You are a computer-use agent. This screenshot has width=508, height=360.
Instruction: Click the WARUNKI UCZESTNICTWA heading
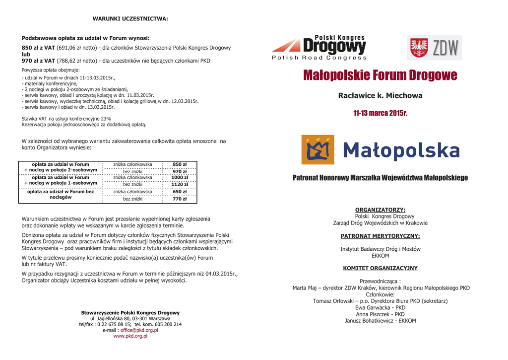coord(130,19)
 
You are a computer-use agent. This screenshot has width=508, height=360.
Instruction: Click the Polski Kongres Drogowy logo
coord(319,48)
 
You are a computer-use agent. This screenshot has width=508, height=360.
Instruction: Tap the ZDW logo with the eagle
coord(434,48)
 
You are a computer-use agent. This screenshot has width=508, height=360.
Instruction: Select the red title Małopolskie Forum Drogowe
coord(380,75)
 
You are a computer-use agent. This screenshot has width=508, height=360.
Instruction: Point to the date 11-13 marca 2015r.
coord(380,113)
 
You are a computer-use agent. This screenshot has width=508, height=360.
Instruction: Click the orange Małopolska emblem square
coord(317,149)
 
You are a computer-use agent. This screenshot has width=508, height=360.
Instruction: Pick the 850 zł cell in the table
coord(180,164)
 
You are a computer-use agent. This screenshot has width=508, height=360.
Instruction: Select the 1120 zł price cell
coord(180,184)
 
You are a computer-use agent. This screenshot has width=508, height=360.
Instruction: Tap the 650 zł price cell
coord(180,192)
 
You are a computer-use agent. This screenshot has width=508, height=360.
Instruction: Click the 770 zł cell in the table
coord(180,199)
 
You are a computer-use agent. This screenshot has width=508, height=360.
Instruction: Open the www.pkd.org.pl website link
coord(130,336)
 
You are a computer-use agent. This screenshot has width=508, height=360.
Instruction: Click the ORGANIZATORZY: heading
coord(380,210)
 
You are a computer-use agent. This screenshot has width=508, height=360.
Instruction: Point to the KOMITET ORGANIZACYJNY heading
coord(380,268)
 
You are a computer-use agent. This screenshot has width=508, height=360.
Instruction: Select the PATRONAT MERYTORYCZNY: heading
coord(380,236)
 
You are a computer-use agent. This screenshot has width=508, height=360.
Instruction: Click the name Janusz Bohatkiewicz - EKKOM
coord(380,321)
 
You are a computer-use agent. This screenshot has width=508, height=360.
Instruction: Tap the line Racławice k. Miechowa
coord(380,95)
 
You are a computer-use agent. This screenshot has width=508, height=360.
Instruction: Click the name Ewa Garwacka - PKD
coord(380,308)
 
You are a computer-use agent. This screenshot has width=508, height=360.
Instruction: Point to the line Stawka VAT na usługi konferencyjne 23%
coord(66,119)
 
